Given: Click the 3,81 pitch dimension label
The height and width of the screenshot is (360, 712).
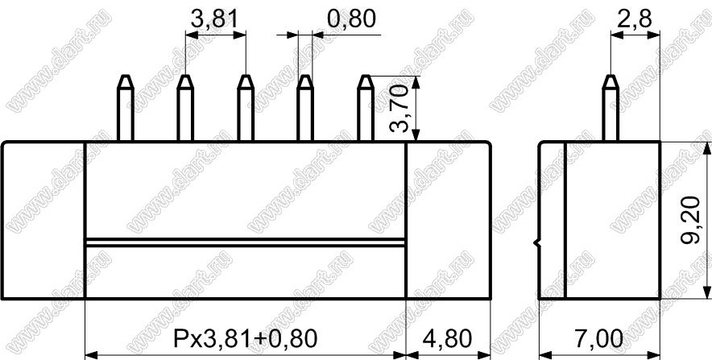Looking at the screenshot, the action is tap(215, 19).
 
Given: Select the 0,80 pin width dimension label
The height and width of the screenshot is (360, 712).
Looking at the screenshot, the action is tap(351, 19).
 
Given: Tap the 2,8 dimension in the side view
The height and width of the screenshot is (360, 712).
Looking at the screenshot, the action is tap(635, 19).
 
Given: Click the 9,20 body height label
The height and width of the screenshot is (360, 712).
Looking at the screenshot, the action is tap(690, 220).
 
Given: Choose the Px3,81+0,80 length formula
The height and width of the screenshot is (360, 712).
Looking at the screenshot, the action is tap(244, 339).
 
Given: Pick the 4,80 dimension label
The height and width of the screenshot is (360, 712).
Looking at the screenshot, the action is tap(447, 339).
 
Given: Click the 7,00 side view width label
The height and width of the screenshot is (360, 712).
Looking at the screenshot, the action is tap(598, 339).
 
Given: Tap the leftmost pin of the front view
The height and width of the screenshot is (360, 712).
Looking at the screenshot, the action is tap(126, 108).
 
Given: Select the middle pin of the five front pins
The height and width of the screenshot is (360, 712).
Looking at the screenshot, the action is tap(245, 108).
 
